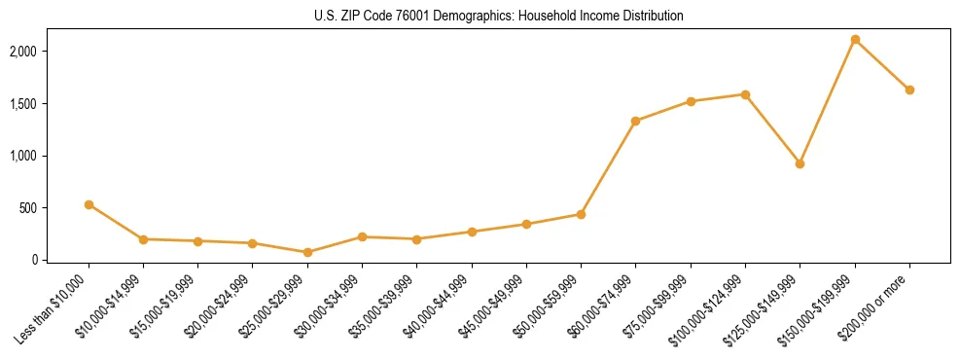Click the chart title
(x=499, y=17)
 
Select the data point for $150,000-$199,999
(x=855, y=40)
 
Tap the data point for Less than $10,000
(x=89, y=204)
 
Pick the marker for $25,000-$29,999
(x=307, y=252)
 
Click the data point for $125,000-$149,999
(x=800, y=163)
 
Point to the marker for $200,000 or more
(x=909, y=90)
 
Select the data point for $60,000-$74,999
(x=635, y=121)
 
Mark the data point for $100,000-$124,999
(x=745, y=94)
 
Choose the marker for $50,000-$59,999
(x=581, y=214)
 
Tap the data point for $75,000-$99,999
(x=691, y=101)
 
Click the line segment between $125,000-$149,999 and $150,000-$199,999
(x=827, y=102)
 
